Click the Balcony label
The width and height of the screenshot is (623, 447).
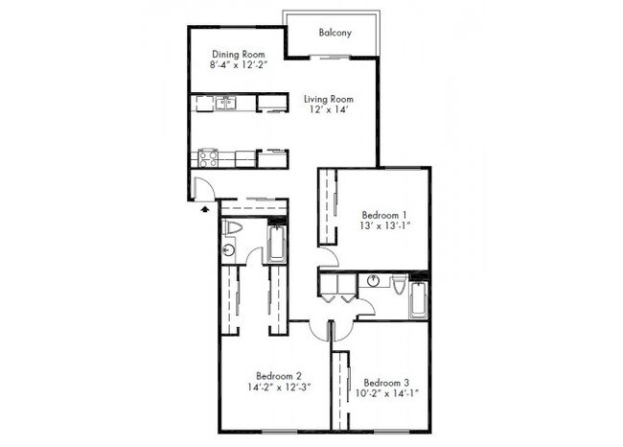[335, 33]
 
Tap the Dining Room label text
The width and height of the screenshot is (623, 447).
[239, 55]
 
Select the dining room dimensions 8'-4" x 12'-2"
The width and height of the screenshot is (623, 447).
[239, 66]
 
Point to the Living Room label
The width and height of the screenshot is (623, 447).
[329, 99]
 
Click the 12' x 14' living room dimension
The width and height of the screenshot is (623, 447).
[329, 110]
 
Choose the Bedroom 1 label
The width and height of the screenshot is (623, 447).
[384, 214]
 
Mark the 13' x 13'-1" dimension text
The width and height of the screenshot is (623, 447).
[384, 226]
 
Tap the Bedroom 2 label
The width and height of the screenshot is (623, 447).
[279, 375]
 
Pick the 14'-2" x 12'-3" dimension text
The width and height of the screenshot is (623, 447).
[279, 388]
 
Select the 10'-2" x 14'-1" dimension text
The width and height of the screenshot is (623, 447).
[387, 393]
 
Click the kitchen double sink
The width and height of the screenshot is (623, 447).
[226, 103]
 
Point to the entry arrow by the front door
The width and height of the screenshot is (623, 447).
[207, 208]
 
